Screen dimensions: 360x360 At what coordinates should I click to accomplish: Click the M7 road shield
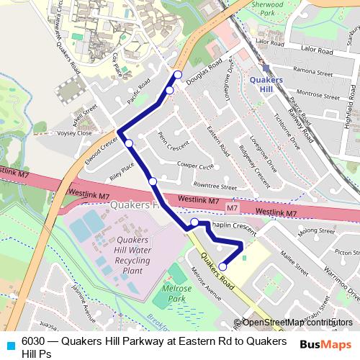tap(231, 208)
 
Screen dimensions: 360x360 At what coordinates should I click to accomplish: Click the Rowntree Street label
tap(210, 186)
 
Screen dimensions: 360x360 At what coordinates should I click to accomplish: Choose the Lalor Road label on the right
tap(316, 52)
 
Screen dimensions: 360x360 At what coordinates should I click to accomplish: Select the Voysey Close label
tap(75, 133)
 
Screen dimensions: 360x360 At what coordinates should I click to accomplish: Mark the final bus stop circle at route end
tap(222, 266)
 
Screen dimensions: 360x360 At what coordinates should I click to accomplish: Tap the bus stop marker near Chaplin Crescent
tap(194, 222)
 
